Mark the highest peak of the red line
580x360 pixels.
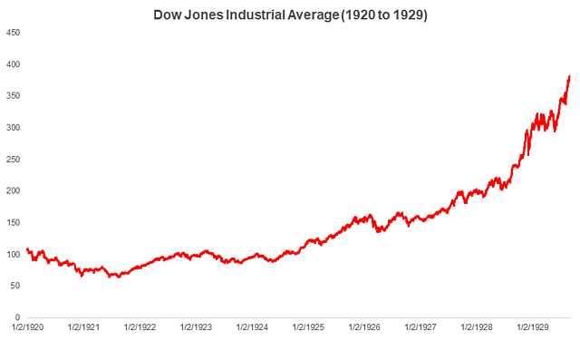[x=569, y=76]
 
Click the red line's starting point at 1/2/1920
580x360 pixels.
[x=28, y=248]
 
